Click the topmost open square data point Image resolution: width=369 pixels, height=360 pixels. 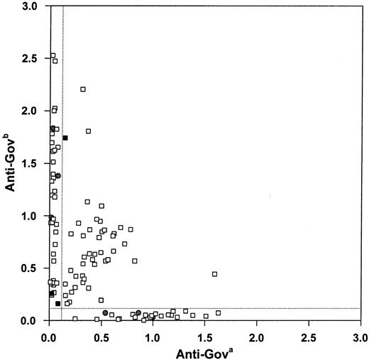click(53, 55)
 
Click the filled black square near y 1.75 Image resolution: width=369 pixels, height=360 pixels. click(65, 138)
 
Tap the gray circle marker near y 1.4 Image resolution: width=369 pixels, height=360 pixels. click(58, 175)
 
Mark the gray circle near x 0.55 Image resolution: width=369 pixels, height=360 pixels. click(105, 313)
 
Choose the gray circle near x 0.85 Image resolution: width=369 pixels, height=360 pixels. click(138, 313)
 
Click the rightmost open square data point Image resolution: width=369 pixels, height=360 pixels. click(219, 313)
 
